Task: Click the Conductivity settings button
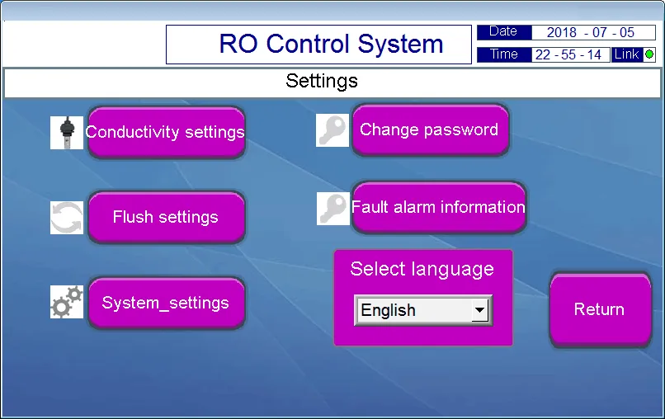click(166, 132)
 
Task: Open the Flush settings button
click(166, 217)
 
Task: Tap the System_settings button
click(166, 303)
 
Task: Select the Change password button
click(429, 129)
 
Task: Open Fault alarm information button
click(438, 207)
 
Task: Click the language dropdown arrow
click(479, 310)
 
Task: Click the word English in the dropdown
click(389, 310)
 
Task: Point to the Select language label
click(422, 269)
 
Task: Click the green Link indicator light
click(649, 54)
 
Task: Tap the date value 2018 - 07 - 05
click(582, 33)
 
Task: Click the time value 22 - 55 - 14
click(568, 55)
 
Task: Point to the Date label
click(503, 32)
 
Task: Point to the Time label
click(503, 54)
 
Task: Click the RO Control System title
click(331, 44)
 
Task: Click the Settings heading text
click(322, 81)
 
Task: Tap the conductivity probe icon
click(67, 132)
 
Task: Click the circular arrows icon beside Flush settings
click(67, 218)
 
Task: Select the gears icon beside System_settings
click(67, 302)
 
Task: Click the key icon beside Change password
click(333, 130)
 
